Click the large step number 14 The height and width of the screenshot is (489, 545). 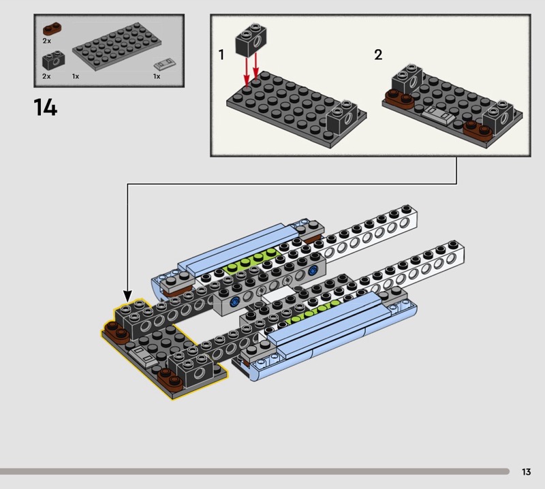[x=45, y=107]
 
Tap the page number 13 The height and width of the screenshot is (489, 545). [x=526, y=471]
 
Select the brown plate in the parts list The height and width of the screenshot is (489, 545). [x=52, y=28]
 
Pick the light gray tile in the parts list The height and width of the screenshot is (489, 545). [x=165, y=63]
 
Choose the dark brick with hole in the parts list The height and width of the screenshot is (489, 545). [x=54, y=60]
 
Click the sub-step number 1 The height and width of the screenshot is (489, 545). [x=221, y=54]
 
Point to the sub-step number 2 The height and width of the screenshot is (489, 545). [x=378, y=54]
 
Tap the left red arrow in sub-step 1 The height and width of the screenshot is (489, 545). [x=247, y=72]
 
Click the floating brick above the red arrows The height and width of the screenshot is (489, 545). [x=251, y=40]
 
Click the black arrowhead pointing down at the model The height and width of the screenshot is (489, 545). [x=127, y=296]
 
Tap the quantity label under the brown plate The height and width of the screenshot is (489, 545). [x=46, y=41]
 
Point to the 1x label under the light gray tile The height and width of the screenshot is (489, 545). [x=157, y=76]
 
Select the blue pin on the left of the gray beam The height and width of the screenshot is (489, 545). [x=234, y=302]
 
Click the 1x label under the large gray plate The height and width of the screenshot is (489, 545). [x=76, y=76]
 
